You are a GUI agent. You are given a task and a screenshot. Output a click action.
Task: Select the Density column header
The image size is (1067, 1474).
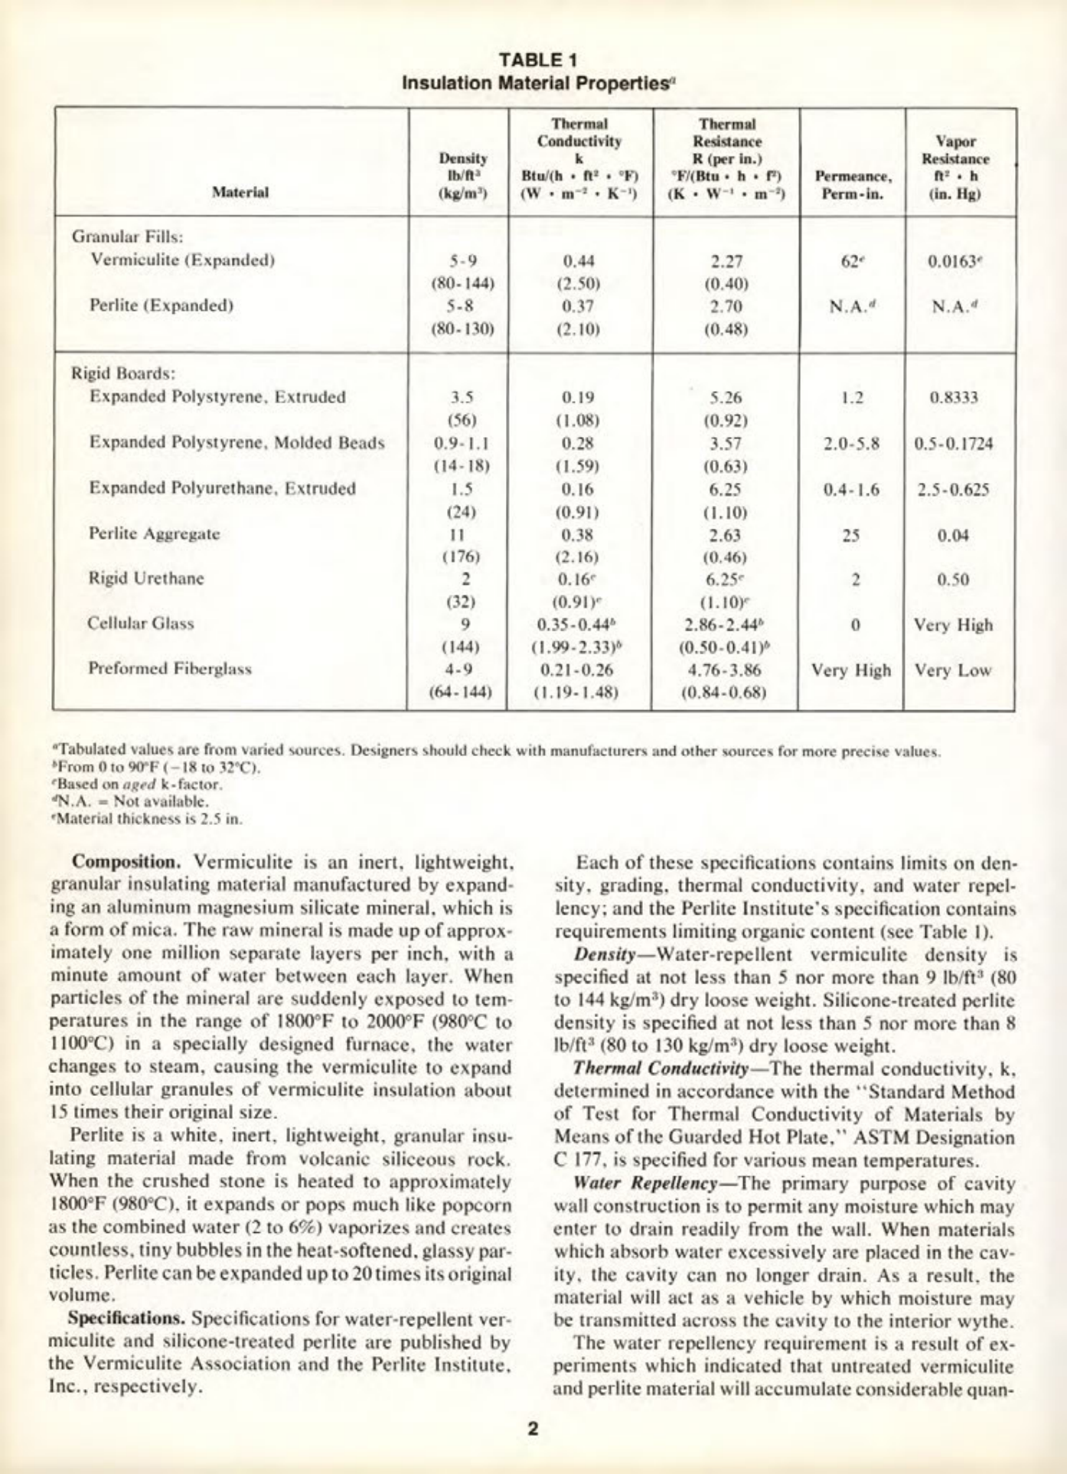pyautogui.click(x=462, y=176)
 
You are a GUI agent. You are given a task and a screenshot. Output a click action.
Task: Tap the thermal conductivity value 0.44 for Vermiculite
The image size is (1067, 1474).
pyautogui.click(x=579, y=261)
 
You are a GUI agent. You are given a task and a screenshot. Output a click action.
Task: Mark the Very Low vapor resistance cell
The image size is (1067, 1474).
pyautogui.click(x=953, y=671)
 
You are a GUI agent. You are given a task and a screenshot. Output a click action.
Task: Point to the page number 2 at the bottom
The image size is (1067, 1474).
pyautogui.click(x=533, y=1428)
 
